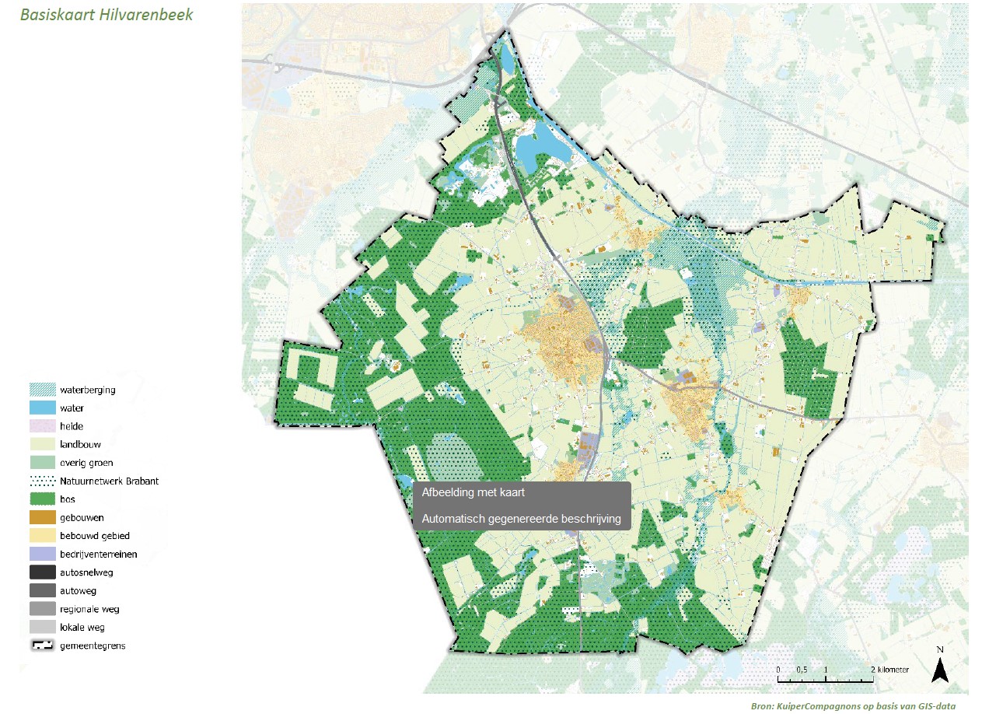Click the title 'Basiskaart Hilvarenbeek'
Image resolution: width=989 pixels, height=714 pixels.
[106, 16]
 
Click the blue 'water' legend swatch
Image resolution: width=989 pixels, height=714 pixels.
[42, 408]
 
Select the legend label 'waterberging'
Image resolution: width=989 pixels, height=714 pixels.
[88, 390]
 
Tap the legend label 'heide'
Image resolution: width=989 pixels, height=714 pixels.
[72, 426]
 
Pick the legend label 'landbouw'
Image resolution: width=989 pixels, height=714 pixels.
[80, 445]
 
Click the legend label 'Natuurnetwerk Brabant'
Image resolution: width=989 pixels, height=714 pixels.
[109, 481]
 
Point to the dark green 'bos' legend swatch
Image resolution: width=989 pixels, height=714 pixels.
[42, 499]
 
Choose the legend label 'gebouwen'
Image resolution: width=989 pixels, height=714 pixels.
[82, 517]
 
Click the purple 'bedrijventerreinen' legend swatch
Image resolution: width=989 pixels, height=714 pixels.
[42, 554]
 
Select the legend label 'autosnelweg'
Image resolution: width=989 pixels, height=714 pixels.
[86, 572]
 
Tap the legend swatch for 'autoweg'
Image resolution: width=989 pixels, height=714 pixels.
[42, 590]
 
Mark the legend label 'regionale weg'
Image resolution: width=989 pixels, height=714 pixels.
[89, 609]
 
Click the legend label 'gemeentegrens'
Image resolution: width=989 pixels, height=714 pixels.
[93, 646]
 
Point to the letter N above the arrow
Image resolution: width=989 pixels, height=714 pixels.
[940, 649]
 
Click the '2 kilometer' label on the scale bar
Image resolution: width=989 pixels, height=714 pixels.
[889, 669]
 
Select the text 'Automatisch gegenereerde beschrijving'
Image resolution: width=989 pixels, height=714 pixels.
[520, 519]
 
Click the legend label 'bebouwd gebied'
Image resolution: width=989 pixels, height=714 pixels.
[94, 536]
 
